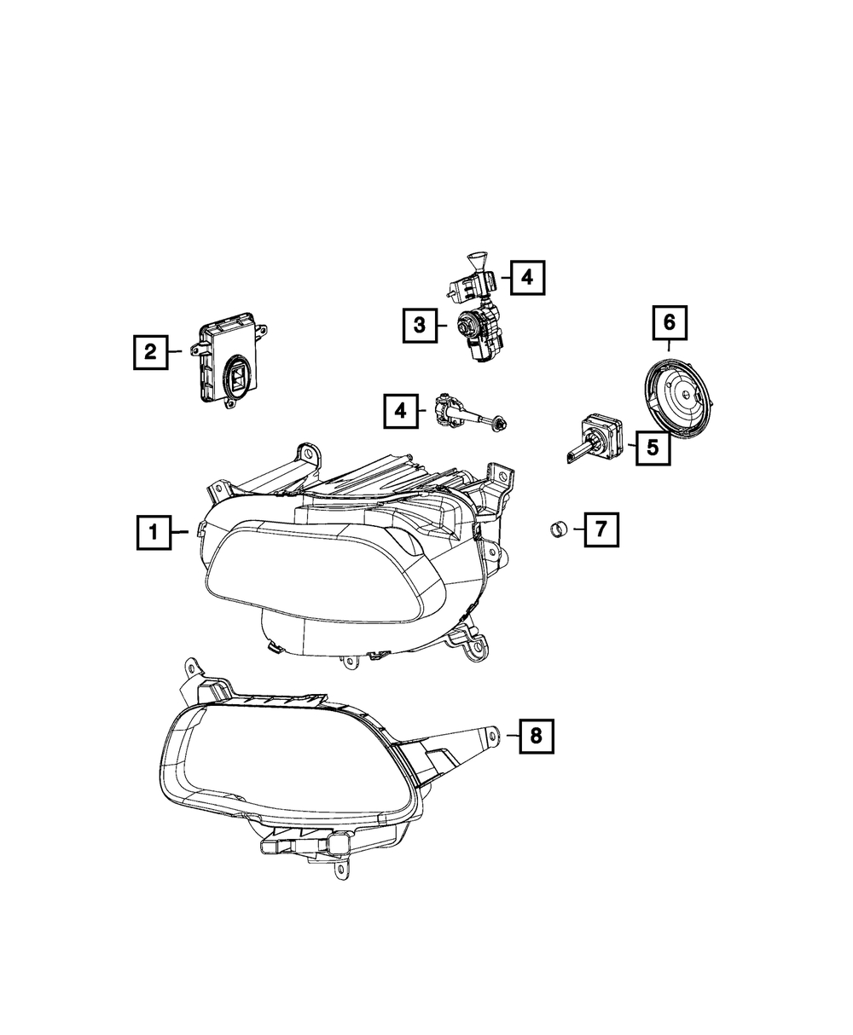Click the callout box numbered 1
click(154, 532)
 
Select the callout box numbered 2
click(150, 352)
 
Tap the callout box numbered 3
click(420, 326)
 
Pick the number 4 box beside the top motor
click(527, 278)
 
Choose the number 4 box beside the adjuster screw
click(400, 411)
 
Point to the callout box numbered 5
click(653, 448)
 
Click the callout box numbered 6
click(670, 323)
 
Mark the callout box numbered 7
click(601, 529)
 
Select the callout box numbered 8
click(537, 750)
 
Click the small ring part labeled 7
click(559, 529)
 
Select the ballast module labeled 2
click(229, 360)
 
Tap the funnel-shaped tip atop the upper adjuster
click(476, 260)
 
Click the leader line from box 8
click(513, 749)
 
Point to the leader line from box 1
click(180, 532)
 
